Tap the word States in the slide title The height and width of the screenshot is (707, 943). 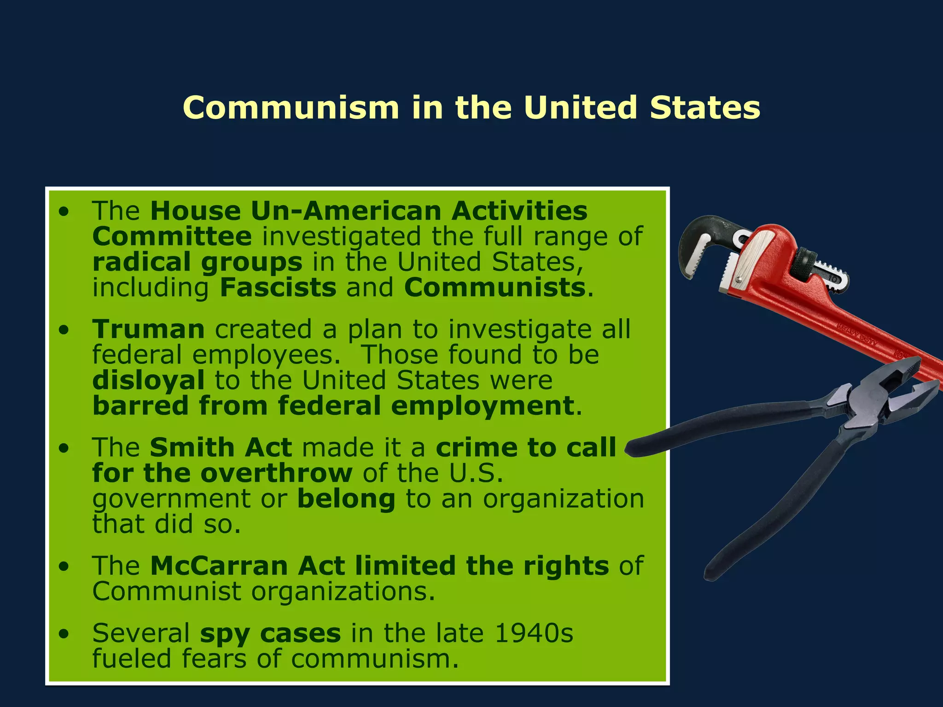[704, 108]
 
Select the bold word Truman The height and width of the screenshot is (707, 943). [148, 330]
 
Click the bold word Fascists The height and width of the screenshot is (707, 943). [278, 288]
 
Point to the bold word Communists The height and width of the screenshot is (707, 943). [495, 288]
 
